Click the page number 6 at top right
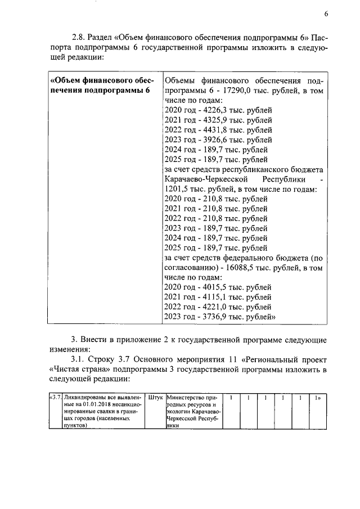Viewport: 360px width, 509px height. point(326,14)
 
